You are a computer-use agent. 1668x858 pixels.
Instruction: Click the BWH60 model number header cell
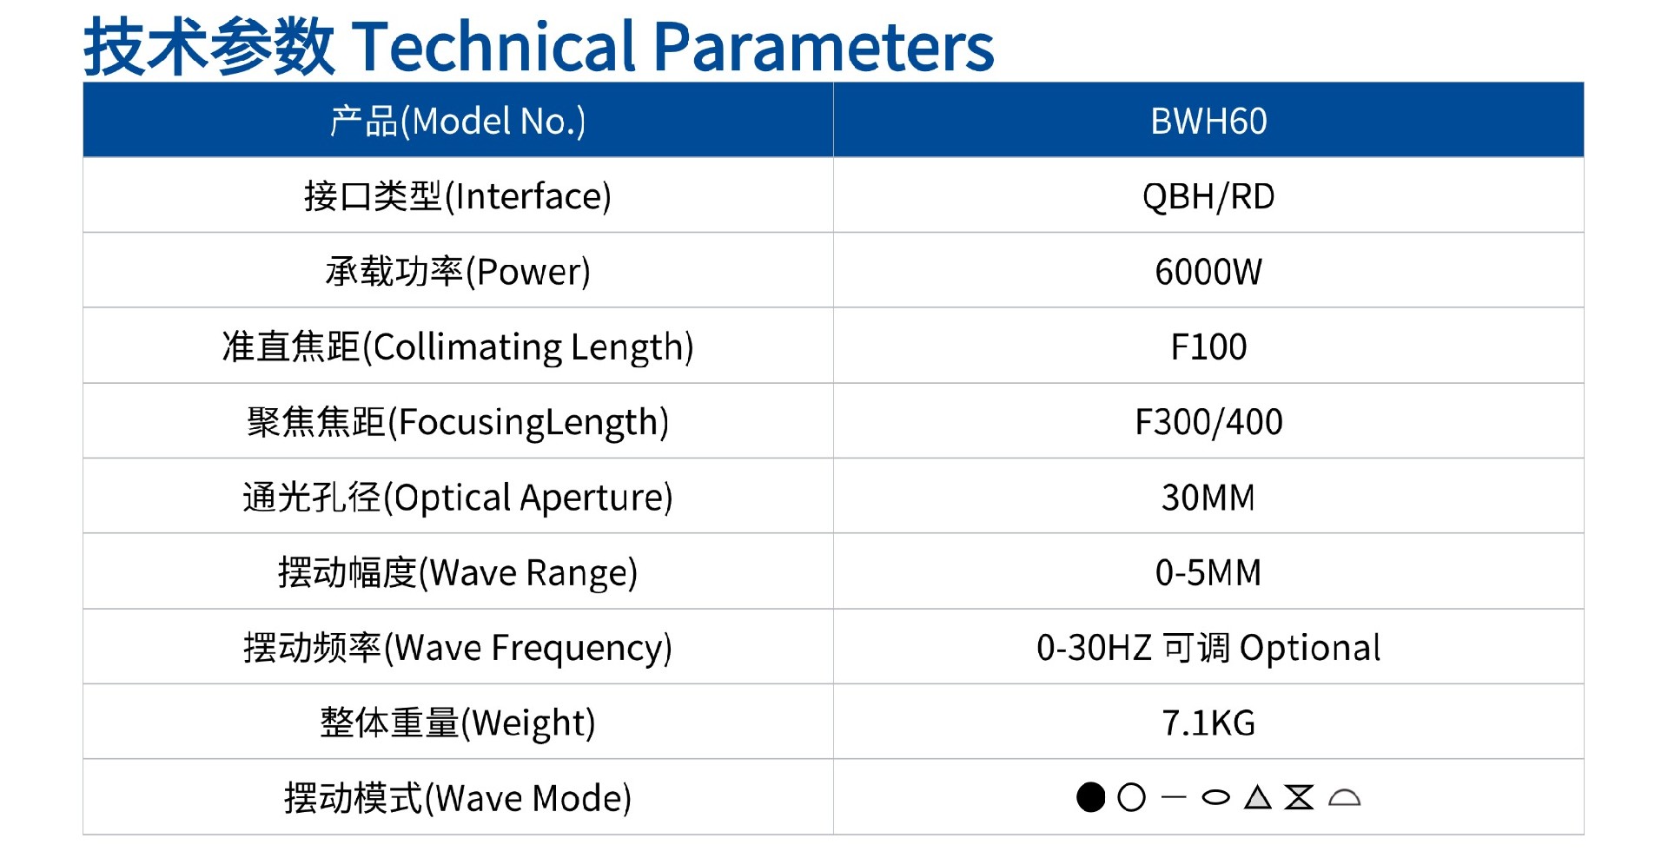1208,121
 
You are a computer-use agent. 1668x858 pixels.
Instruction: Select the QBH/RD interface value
1208,196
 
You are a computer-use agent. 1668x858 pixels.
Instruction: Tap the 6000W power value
1208,272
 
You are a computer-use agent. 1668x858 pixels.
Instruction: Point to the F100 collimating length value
1208,346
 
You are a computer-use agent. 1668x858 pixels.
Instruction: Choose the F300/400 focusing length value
1208,422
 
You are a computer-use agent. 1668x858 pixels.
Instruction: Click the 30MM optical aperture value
1208,498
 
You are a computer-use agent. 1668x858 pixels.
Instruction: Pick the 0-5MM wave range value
1208,572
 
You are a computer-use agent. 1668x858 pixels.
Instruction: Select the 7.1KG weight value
1208,723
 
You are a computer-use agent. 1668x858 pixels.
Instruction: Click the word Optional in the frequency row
1310,648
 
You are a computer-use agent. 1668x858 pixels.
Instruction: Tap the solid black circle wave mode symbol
1090,797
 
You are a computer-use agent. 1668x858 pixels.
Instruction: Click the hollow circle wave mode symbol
1131,797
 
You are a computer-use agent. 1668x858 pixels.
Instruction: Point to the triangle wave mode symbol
1257,797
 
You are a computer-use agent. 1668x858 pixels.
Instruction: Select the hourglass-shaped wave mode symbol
1299,797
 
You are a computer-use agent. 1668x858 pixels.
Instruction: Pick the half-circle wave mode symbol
1344,797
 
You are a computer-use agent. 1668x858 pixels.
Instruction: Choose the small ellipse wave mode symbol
1215,797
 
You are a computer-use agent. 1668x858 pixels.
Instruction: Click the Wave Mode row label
458,798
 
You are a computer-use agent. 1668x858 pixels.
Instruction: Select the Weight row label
458,723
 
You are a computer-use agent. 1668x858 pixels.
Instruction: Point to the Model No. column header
458,122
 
